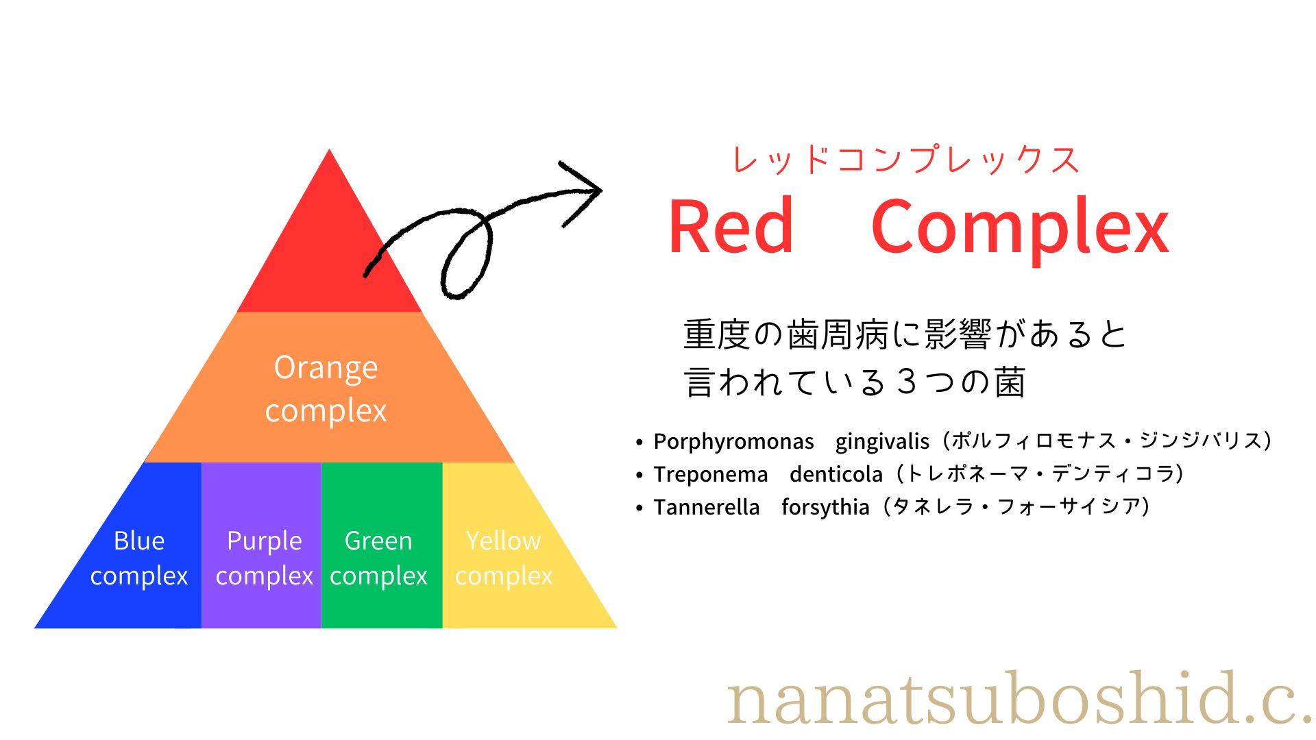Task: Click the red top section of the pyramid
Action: click(x=330, y=254)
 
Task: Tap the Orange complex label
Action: click(x=326, y=389)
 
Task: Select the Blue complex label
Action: click(x=139, y=558)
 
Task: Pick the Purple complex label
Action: click(x=265, y=558)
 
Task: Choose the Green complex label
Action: click(x=378, y=558)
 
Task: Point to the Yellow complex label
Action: click(x=504, y=558)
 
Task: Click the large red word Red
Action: click(x=731, y=226)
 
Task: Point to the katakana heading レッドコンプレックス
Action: click(x=905, y=160)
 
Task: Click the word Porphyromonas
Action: click(x=733, y=441)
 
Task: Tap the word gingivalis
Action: click(x=882, y=441)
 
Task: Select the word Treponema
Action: click(x=711, y=474)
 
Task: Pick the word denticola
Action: click(x=836, y=474)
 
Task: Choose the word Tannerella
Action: click(x=707, y=507)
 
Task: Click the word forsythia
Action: click(x=825, y=507)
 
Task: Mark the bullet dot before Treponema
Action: click(x=639, y=475)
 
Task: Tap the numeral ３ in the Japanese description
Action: click(x=907, y=382)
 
